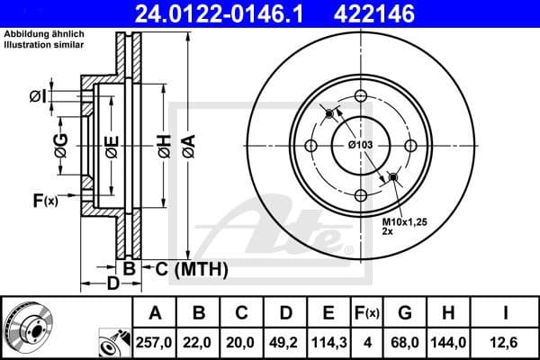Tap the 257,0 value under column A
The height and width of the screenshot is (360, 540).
tap(156, 340)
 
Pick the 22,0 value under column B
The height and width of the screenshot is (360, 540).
tap(200, 340)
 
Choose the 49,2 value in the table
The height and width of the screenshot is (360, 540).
tap(285, 340)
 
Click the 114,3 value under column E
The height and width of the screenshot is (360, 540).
tap(329, 340)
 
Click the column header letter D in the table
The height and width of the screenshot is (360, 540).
tap(285, 313)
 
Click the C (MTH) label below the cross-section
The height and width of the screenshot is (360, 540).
tap(191, 268)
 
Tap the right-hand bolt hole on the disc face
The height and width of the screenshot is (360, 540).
tap(409, 146)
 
